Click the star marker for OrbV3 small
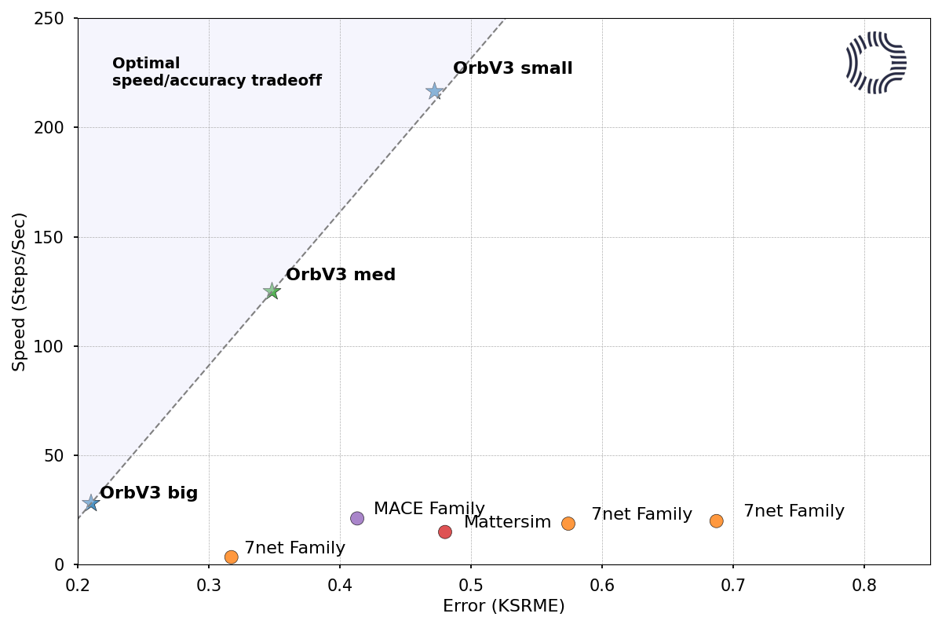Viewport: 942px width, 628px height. point(434,91)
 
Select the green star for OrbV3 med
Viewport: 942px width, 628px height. point(272,291)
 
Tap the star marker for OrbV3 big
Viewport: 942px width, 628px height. point(91,502)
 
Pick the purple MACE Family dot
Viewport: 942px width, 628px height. point(357,518)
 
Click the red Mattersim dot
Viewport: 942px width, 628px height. point(445,531)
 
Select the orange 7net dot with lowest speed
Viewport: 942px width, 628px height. point(231,557)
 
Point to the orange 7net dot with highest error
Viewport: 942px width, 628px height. point(716,520)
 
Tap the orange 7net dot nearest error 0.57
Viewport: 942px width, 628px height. point(568,523)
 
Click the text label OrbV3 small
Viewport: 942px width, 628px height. point(513,68)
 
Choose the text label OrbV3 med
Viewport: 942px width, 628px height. point(341,275)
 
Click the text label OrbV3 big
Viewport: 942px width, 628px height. point(148,493)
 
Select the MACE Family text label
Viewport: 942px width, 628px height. point(429,509)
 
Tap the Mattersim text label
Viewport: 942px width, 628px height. point(507,522)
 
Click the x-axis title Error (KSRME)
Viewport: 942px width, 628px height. point(503,606)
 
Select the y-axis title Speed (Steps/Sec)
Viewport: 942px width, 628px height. point(20,291)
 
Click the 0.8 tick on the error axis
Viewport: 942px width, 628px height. point(864,585)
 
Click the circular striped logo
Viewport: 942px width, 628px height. point(876,63)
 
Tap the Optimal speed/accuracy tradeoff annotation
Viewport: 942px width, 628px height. point(217,71)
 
